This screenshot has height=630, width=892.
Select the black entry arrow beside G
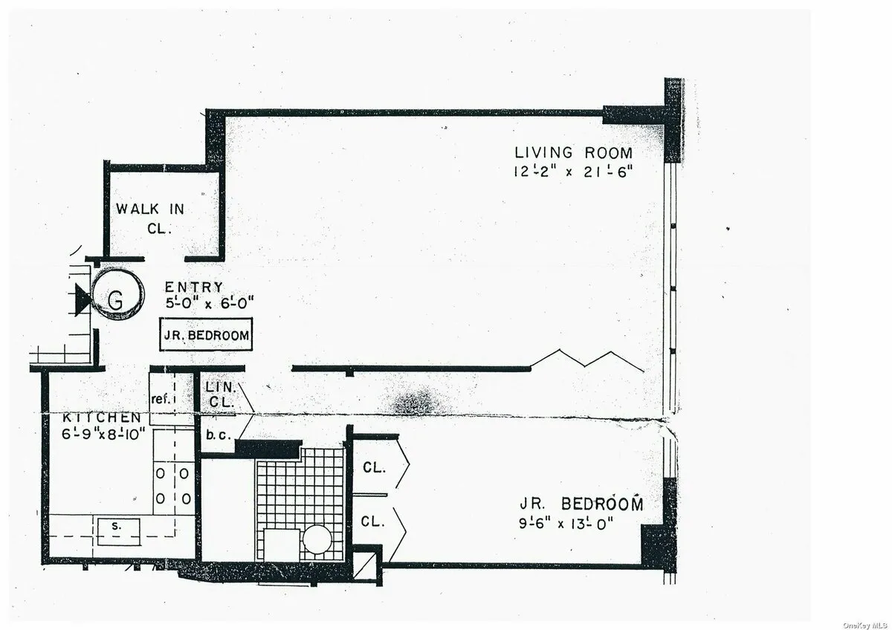tap(81, 299)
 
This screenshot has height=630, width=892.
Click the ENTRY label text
tap(193, 288)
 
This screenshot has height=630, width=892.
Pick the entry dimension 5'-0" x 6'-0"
tap(210, 302)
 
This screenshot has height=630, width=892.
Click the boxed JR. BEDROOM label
tap(207, 336)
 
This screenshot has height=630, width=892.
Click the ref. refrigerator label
tap(161, 399)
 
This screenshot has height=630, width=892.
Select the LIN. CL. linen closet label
tap(221, 394)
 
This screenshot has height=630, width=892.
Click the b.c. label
tap(216, 435)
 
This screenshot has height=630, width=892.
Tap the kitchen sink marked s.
tap(116, 526)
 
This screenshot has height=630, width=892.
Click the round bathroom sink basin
tap(317, 538)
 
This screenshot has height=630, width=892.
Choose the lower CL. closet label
tap(373, 522)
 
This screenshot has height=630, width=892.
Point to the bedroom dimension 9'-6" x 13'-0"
tap(577, 522)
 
